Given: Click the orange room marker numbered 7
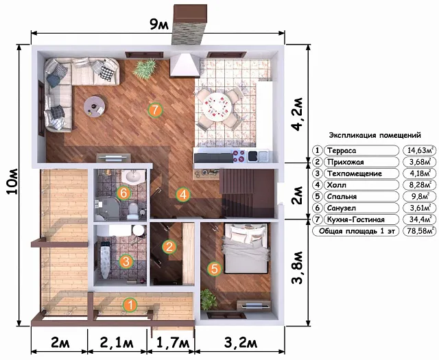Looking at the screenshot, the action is [156, 110].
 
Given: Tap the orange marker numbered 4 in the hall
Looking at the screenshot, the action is [183, 195].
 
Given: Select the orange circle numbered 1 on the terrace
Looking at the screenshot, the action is [130, 305].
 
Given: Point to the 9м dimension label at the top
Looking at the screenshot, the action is [159, 25].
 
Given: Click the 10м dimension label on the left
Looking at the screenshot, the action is [12, 182].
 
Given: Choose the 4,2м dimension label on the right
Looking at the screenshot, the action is [297, 115].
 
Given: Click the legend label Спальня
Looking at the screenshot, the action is [342, 197].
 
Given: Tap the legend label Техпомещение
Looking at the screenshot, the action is [355, 173].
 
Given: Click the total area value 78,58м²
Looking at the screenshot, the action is [420, 231].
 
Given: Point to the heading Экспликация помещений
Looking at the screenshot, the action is [375, 136].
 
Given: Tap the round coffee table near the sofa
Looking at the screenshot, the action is [95, 107].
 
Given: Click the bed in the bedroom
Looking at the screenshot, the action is [246, 249].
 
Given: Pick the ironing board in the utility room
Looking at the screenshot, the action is [105, 261].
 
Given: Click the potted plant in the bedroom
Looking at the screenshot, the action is [209, 299].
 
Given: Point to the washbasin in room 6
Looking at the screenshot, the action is [134, 177].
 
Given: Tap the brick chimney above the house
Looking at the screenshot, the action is [190, 24].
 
